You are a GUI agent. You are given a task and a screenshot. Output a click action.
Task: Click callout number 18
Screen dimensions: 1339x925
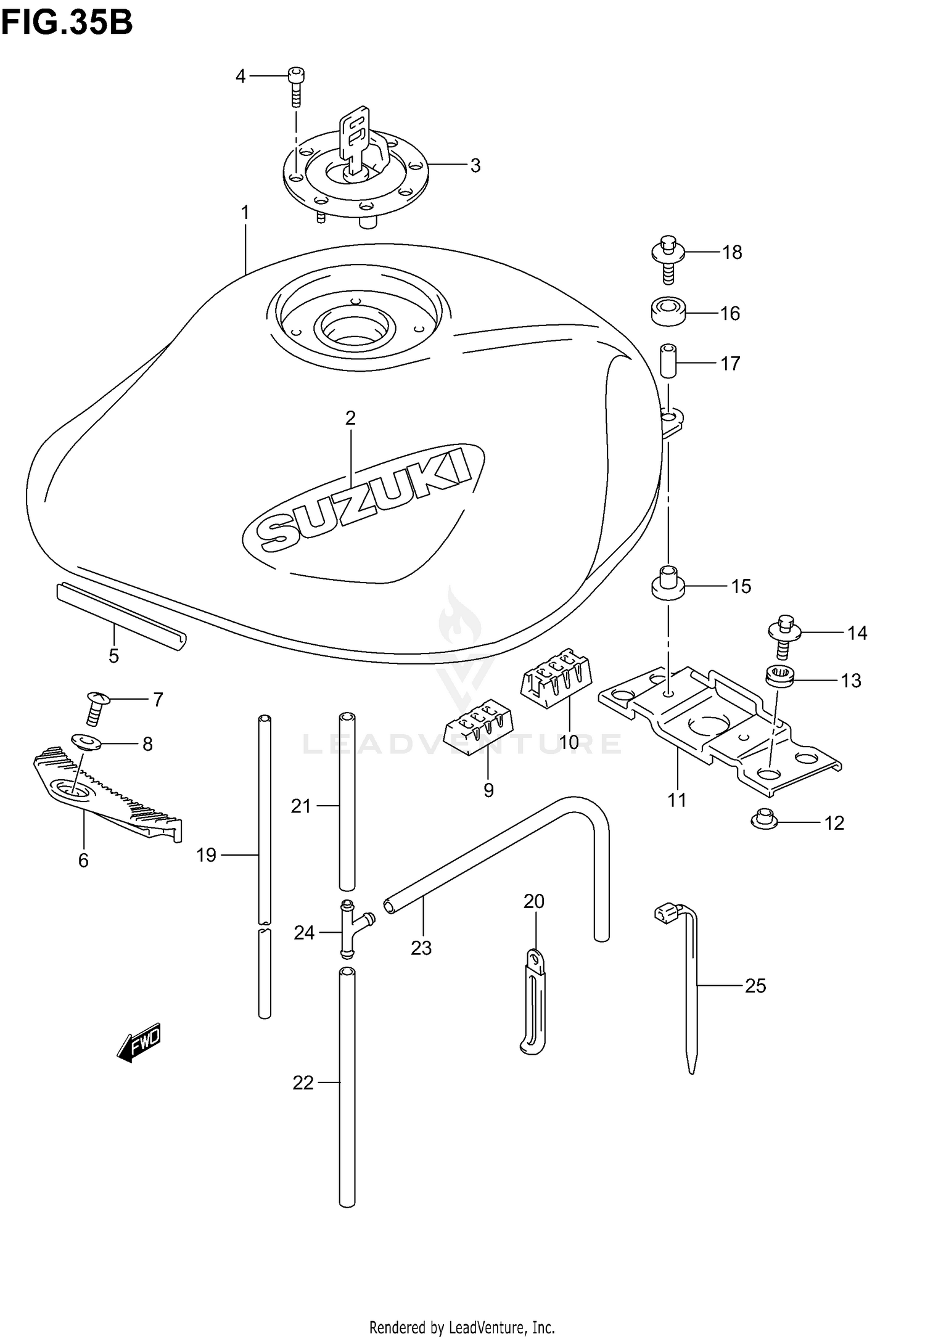[x=732, y=253]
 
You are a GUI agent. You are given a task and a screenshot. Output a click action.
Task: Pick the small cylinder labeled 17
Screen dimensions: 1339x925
[x=667, y=362]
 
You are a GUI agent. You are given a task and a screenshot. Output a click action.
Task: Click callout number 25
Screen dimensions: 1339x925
[x=755, y=986]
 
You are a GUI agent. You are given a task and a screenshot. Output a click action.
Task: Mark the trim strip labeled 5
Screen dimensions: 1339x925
[x=121, y=616]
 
